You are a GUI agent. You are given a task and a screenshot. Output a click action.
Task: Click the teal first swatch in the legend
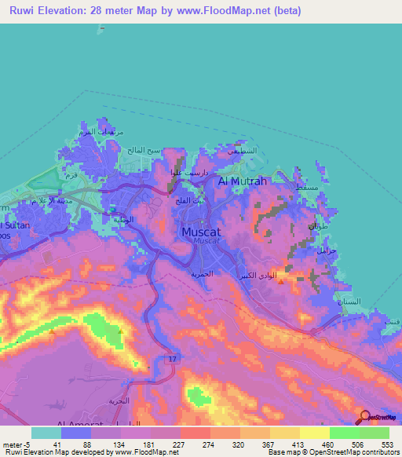pos(46,433)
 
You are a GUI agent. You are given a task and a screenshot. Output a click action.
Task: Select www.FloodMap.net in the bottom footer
pos(147,452)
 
